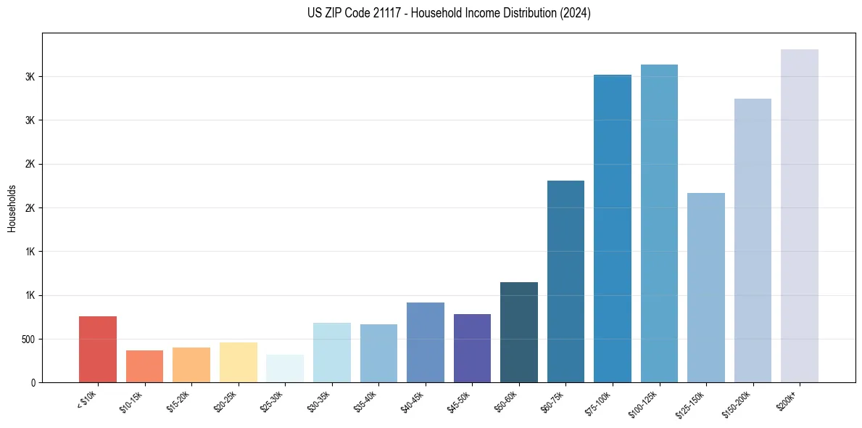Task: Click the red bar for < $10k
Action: [x=98, y=349]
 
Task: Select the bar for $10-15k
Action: [x=144, y=366]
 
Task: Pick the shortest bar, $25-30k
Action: [x=285, y=369]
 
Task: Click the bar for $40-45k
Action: [x=425, y=342]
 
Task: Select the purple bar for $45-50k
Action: [x=472, y=348]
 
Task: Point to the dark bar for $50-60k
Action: [x=519, y=332]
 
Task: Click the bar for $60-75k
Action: [x=565, y=281]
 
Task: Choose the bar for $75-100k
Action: [x=613, y=229]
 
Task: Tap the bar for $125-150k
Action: [x=706, y=287]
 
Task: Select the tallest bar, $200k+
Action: [x=800, y=215]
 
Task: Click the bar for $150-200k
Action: [x=753, y=240]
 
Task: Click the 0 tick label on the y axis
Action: [x=33, y=382]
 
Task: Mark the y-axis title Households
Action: [x=12, y=208]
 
